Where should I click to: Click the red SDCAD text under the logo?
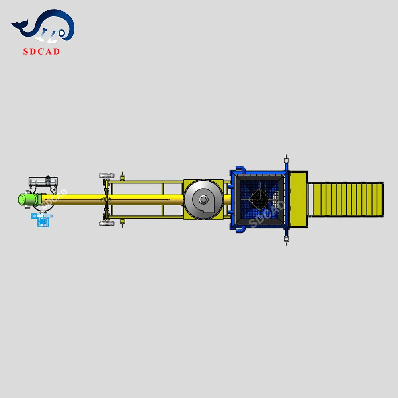pos(42,51)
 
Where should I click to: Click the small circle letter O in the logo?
pos(62,33)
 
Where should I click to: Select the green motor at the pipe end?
pos(27,199)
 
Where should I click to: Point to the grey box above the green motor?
pos(43,181)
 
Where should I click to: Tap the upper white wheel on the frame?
pos(107,176)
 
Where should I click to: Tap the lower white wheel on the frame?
pos(107,224)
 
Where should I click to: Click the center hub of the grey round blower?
pos(203,199)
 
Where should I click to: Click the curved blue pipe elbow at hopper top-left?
pos(239,169)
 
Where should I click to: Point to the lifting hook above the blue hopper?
pos(285,160)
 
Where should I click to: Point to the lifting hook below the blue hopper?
pos(285,239)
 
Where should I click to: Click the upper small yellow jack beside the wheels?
pos(123,176)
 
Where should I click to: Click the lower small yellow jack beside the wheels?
pos(123,222)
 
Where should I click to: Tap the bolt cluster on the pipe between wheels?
pos(105,199)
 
